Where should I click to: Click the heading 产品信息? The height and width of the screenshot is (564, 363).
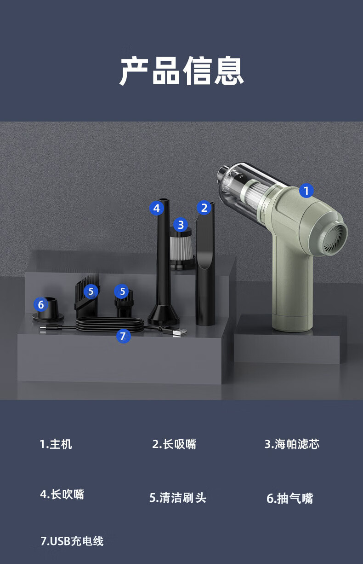[x=181, y=71]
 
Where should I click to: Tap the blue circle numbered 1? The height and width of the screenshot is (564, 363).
[x=306, y=191]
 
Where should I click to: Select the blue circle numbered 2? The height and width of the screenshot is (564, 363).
[x=204, y=208]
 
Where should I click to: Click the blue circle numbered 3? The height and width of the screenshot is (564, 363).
[x=181, y=225]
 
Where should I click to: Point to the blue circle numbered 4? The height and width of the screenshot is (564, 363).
[x=157, y=208]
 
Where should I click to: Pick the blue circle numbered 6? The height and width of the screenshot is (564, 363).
[x=41, y=304]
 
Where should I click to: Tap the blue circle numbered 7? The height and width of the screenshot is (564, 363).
[x=123, y=336]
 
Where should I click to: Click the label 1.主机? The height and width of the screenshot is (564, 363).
[x=56, y=444]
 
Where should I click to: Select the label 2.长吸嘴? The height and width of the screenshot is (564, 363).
[x=174, y=444]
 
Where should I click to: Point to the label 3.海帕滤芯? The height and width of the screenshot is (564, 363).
[x=292, y=444]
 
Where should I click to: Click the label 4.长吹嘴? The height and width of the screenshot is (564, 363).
[x=62, y=494]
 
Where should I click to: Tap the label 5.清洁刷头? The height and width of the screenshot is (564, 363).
[x=178, y=498]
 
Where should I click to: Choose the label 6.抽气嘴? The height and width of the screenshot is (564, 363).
[x=290, y=498]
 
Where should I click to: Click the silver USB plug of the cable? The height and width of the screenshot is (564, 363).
[x=179, y=332]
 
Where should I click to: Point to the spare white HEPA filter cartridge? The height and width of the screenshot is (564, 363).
[x=181, y=249]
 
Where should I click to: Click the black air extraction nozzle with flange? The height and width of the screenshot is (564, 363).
[x=48, y=311]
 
